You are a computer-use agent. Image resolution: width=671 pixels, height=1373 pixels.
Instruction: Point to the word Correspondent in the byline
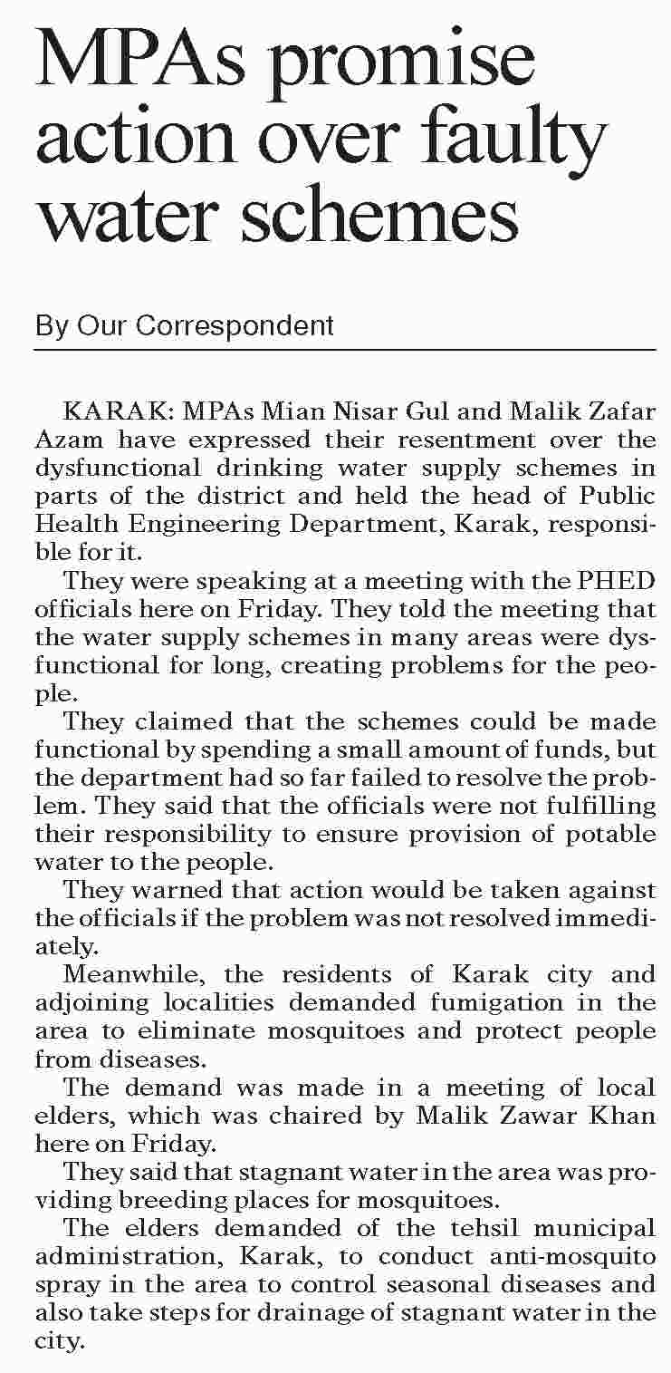[x=236, y=325]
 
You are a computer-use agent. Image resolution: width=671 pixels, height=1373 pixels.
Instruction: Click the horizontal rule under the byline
[x=344, y=350]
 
